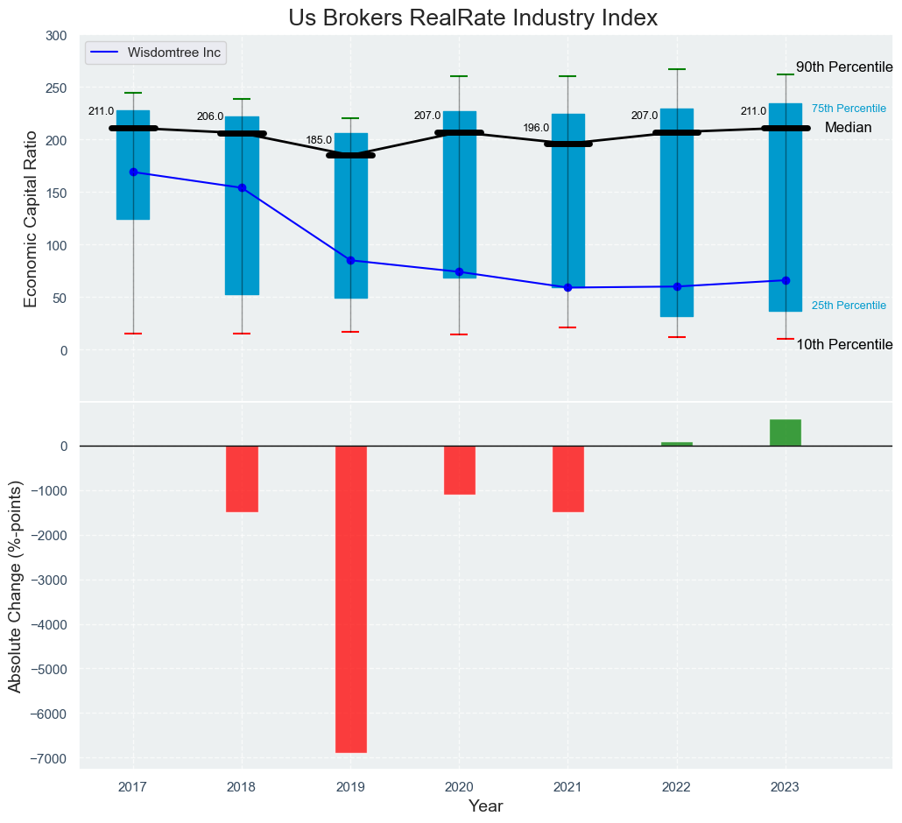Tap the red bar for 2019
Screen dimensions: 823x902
350,599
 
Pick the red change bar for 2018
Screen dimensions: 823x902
242,479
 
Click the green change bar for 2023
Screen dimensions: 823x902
786,433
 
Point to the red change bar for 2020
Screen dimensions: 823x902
459,470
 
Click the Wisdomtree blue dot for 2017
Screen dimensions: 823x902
133,172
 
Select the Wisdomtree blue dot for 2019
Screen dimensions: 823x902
350,260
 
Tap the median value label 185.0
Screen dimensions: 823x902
319,140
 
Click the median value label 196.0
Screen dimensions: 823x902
536,128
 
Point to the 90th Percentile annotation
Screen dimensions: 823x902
844,67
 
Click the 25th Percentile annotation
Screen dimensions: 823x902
849,306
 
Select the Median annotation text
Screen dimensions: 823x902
848,128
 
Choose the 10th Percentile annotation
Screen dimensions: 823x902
844,345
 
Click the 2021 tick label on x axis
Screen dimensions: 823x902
567,787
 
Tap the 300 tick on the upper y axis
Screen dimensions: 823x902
55,36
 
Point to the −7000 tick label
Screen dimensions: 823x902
50,758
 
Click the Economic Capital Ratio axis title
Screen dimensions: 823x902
32,219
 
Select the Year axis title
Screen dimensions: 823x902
485,806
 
